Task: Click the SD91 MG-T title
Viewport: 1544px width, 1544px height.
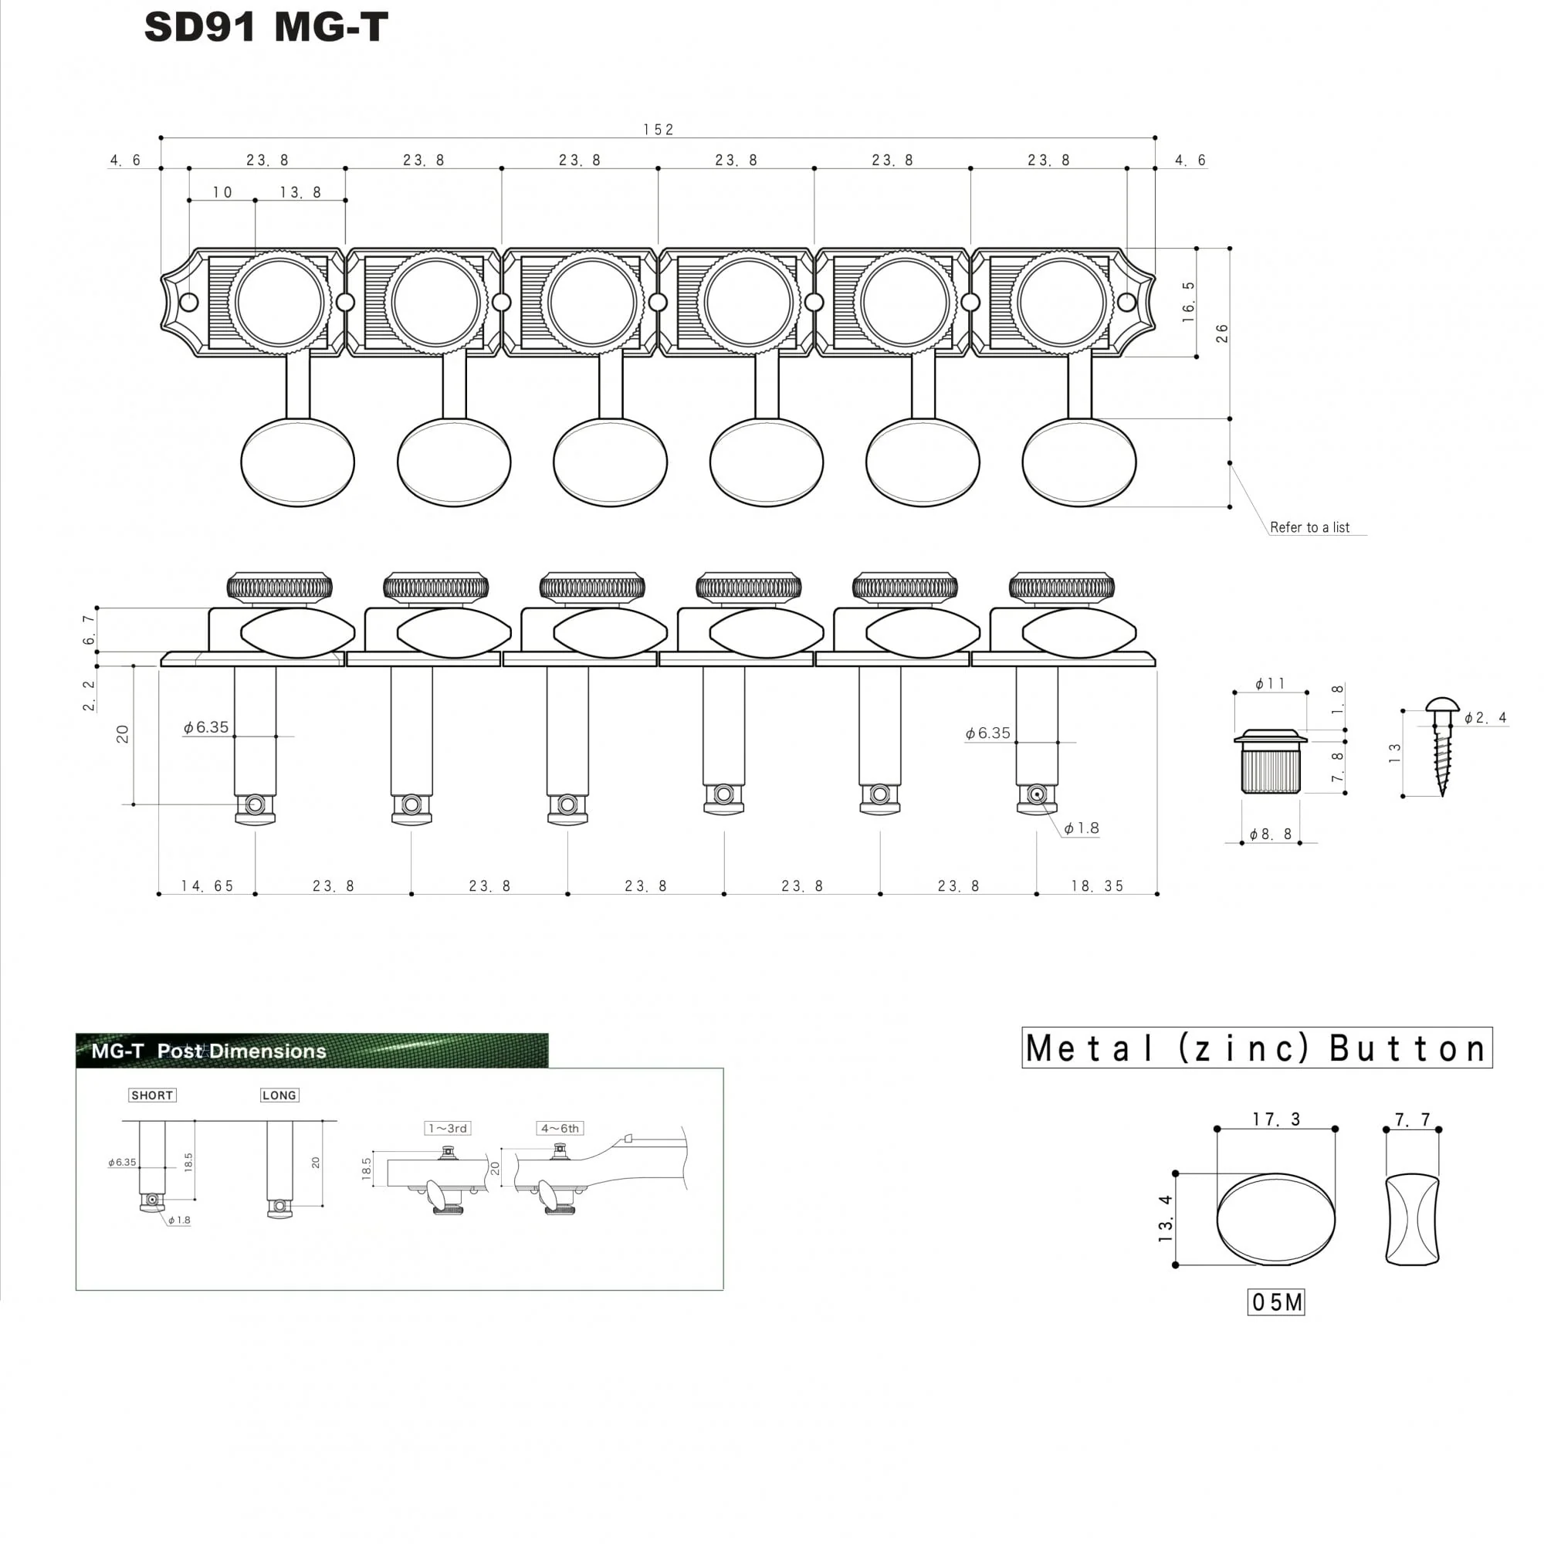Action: [x=266, y=27]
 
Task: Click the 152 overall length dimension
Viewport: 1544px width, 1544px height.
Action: [x=659, y=130]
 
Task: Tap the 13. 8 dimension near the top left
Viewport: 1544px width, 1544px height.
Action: [x=300, y=192]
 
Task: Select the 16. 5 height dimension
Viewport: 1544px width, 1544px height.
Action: [x=1188, y=302]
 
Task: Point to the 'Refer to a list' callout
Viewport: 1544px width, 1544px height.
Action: [x=1309, y=527]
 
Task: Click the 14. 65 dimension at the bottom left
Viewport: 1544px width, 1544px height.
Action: [x=207, y=885]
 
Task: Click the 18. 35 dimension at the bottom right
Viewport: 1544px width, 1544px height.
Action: [x=1097, y=885]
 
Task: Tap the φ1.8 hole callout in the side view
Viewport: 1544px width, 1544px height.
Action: [x=1082, y=828]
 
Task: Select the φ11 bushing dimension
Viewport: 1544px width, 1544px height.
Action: [x=1270, y=683]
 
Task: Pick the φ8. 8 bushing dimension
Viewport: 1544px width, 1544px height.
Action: [x=1271, y=835]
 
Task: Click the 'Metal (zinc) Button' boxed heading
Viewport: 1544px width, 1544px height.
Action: [x=1257, y=1048]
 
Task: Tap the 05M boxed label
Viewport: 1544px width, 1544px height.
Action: [x=1275, y=1302]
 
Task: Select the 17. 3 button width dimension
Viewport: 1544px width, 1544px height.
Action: [x=1276, y=1119]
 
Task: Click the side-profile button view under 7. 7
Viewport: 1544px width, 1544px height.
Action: [x=1412, y=1220]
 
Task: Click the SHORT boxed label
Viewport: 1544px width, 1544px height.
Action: [x=152, y=1095]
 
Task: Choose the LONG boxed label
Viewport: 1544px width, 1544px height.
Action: [x=279, y=1095]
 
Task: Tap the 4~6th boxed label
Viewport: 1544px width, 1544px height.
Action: [x=560, y=1129]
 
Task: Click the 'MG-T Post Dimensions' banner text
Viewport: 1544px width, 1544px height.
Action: [x=208, y=1051]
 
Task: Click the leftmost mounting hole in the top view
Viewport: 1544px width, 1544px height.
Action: [x=189, y=302]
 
